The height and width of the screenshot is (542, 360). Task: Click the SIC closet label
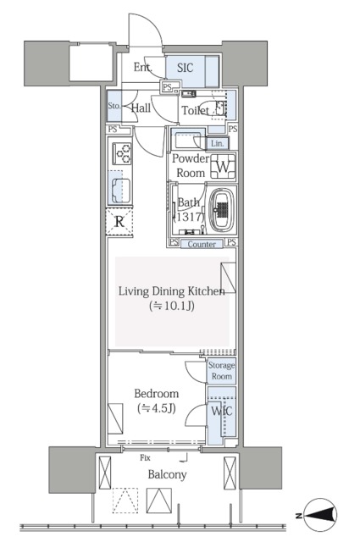click(x=185, y=68)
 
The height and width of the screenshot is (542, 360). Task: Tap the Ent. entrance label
click(x=143, y=67)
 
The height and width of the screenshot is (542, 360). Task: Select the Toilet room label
click(x=196, y=111)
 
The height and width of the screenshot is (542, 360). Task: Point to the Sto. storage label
click(x=114, y=106)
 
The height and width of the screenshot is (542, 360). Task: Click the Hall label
click(x=141, y=108)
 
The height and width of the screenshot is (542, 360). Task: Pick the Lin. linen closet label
click(x=217, y=143)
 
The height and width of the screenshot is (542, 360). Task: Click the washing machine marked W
click(x=223, y=167)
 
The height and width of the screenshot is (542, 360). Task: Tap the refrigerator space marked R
click(x=119, y=222)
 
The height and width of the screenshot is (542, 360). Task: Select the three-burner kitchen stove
click(x=122, y=153)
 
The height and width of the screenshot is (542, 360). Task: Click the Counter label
click(x=202, y=244)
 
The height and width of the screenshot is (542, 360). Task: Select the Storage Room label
click(x=221, y=371)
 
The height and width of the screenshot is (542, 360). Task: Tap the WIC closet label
click(x=222, y=411)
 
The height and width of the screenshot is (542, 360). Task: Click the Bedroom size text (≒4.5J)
click(x=157, y=408)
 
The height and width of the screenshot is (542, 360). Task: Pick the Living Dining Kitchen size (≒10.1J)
click(x=171, y=306)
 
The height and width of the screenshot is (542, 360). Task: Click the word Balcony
click(x=167, y=474)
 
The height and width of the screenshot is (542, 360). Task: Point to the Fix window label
click(x=145, y=457)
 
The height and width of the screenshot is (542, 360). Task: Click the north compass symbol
click(x=321, y=515)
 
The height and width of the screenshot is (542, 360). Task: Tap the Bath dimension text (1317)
click(x=189, y=217)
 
